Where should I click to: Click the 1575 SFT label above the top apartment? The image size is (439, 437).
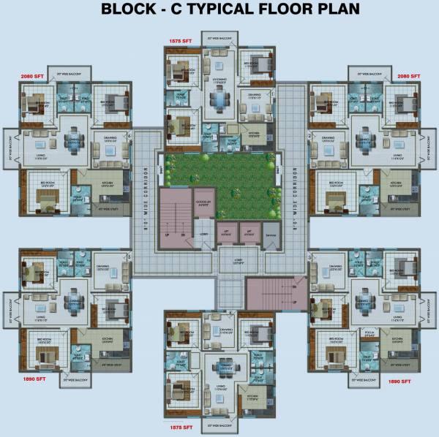pos(180,42)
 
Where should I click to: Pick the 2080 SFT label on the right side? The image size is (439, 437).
pos(408,75)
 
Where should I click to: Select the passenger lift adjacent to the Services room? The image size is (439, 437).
pos(250,232)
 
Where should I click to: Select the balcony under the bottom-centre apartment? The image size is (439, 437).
pos(219,424)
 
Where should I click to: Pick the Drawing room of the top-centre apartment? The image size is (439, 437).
pos(254,98)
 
